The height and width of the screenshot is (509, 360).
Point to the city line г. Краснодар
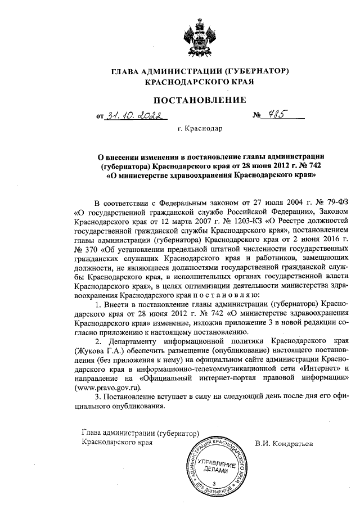coord(200,129)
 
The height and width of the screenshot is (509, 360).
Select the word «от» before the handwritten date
coord(101,116)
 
